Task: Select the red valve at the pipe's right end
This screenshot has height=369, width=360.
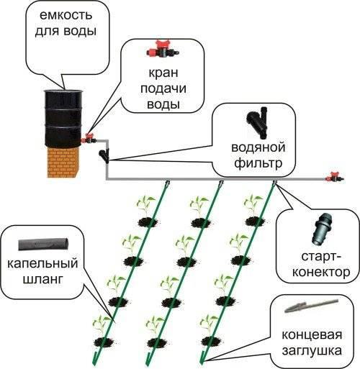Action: click(333, 176)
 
